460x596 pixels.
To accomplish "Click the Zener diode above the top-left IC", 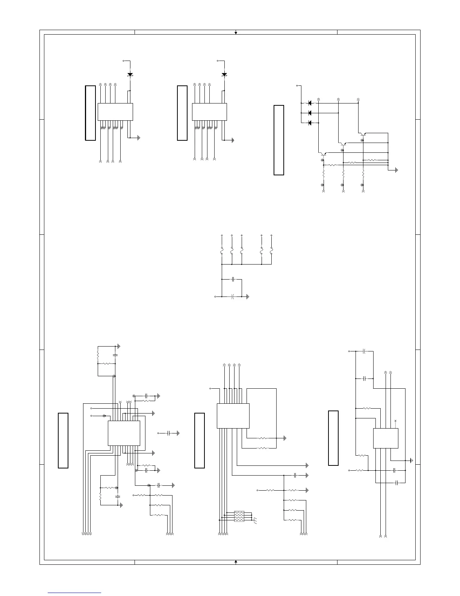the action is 130,74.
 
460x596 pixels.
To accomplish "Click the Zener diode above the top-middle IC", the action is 224,74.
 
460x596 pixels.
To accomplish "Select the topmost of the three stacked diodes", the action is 310,103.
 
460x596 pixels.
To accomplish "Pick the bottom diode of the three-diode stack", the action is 310,123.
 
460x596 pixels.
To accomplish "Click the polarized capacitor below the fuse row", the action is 233,296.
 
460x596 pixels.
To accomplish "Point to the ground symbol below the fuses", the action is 248,296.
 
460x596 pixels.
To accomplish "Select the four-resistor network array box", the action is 239,516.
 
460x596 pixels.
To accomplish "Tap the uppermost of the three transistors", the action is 362,134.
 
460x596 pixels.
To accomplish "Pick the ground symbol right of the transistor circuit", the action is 396,170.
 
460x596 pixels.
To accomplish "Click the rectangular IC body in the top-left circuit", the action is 115,112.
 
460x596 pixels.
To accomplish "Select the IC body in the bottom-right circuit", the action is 386,438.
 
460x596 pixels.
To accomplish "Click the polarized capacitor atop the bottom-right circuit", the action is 364,351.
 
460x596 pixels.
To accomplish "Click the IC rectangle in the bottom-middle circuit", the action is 233,416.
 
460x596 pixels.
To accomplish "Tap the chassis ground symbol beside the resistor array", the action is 255,521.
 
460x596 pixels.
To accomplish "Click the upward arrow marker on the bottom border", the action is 236,562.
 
